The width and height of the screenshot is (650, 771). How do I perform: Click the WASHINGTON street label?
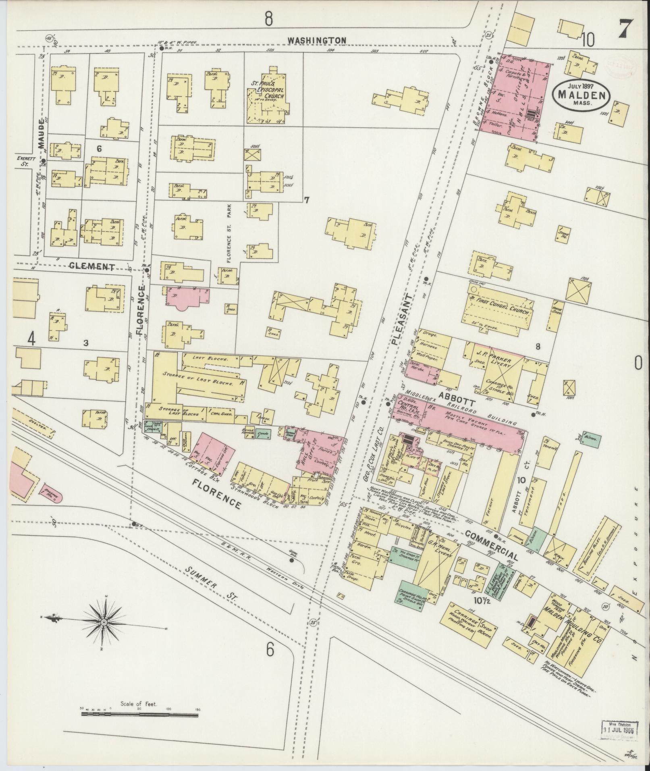[x=317, y=40]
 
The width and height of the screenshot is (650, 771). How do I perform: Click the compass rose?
[x=104, y=634]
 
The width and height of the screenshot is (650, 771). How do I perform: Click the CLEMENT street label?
[x=92, y=266]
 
